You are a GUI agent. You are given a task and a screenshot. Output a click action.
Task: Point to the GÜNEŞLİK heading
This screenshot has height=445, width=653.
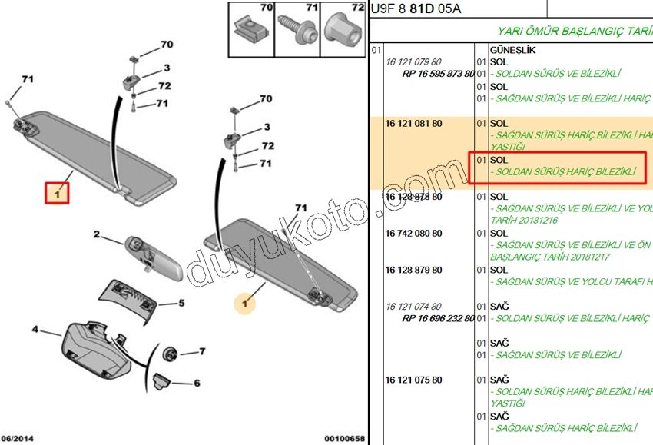512,50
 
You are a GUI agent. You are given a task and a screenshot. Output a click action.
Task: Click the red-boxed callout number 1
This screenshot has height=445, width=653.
56,193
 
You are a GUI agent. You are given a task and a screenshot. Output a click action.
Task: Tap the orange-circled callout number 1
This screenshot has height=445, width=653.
245,304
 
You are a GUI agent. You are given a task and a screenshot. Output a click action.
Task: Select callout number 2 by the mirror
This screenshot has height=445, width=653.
97,234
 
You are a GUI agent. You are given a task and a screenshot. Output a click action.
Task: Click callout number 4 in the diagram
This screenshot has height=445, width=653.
35,330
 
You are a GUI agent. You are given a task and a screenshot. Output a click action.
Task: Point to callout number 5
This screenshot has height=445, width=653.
182,303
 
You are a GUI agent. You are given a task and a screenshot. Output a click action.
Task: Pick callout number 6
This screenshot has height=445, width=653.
197,383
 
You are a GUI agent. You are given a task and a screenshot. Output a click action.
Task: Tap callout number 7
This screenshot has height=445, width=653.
202,351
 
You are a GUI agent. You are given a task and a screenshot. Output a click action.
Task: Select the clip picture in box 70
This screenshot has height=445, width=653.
250,31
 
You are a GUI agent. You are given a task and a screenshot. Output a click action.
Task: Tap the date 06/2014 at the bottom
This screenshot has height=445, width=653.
17,439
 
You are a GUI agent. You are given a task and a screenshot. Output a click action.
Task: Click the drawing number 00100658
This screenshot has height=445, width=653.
343,439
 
